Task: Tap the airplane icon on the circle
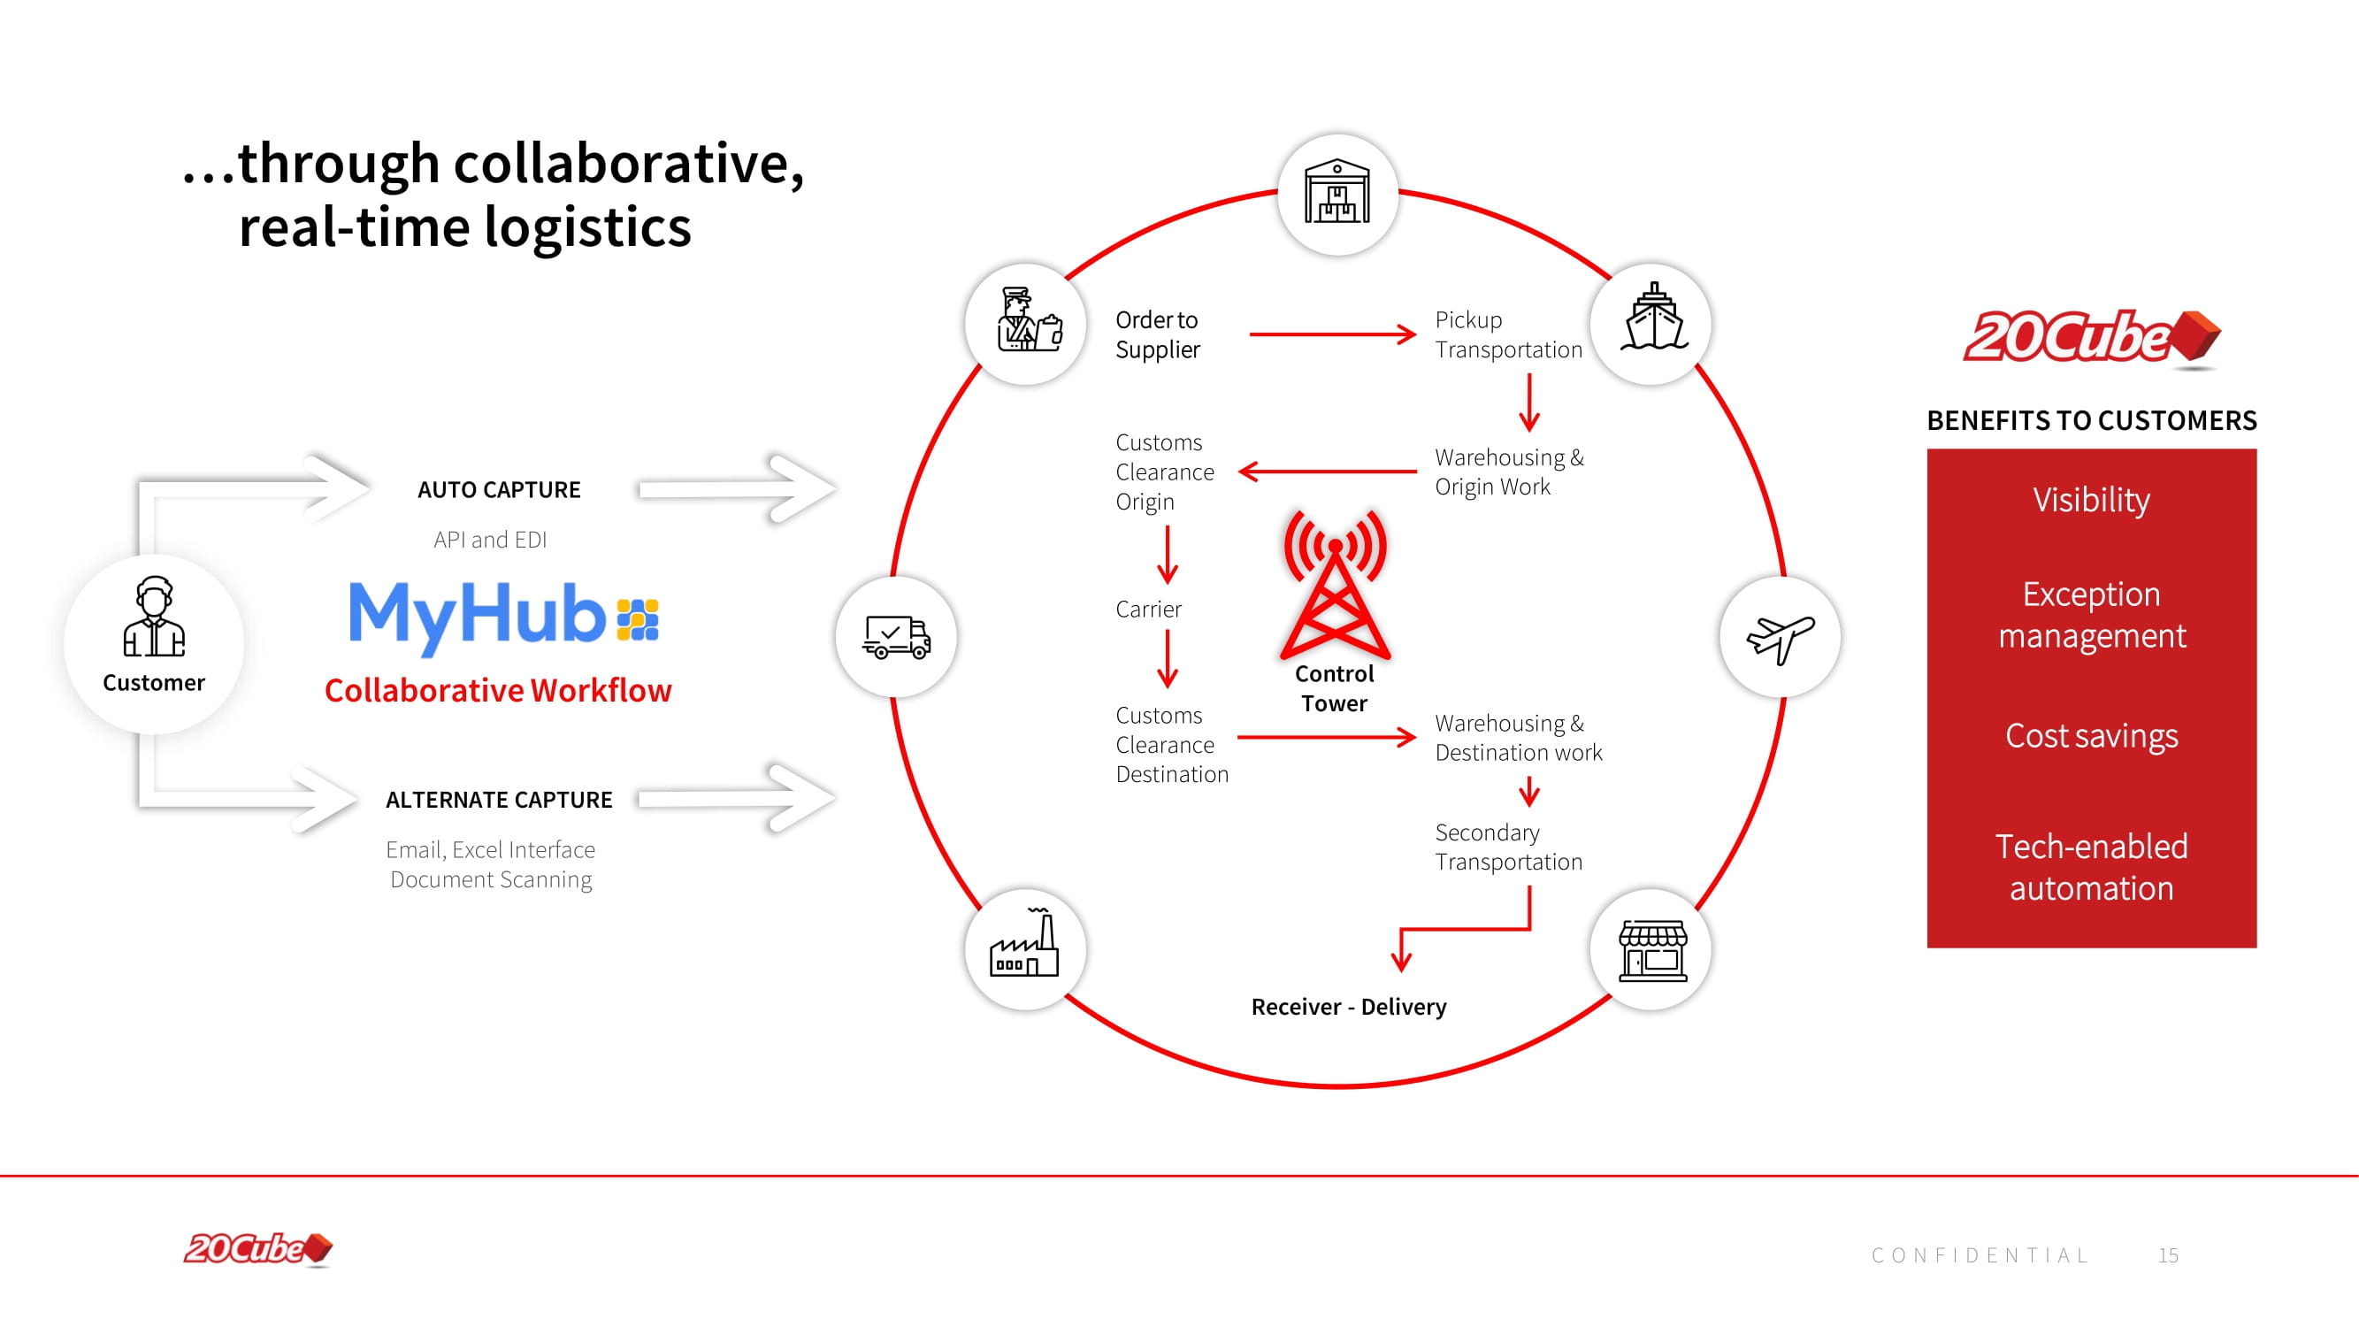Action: pyautogui.click(x=1780, y=637)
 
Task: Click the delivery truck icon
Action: pyautogui.click(x=896, y=637)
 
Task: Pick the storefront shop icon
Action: pyautogui.click(x=1652, y=949)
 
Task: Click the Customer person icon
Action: pyautogui.click(x=154, y=617)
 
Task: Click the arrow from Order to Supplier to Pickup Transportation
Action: pyautogui.click(x=1332, y=334)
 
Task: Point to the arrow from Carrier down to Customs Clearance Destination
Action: pyautogui.click(x=1167, y=659)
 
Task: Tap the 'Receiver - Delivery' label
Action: pyautogui.click(x=1348, y=1007)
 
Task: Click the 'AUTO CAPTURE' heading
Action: pyautogui.click(x=499, y=490)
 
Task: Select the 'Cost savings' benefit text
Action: pyautogui.click(x=2091, y=735)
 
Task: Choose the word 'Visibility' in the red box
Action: pyautogui.click(x=2091, y=500)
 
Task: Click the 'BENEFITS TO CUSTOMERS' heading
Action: pyautogui.click(x=2091, y=420)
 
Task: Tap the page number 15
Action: pyautogui.click(x=2168, y=1255)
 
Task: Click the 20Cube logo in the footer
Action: pyautogui.click(x=258, y=1249)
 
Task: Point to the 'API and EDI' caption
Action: pyautogui.click(x=490, y=541)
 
